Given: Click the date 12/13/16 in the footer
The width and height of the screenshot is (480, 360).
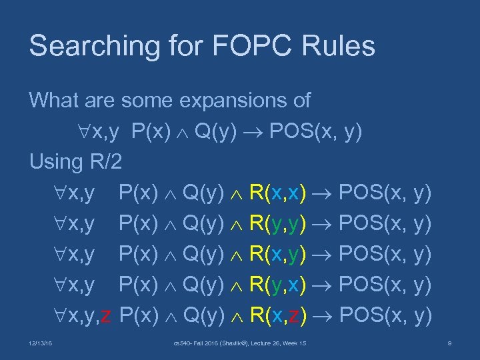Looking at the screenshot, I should point(42,343).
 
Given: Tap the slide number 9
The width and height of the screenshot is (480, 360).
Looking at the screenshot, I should point(451,343).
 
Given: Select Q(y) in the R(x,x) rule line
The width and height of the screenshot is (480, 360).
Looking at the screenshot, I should point(203,193).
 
